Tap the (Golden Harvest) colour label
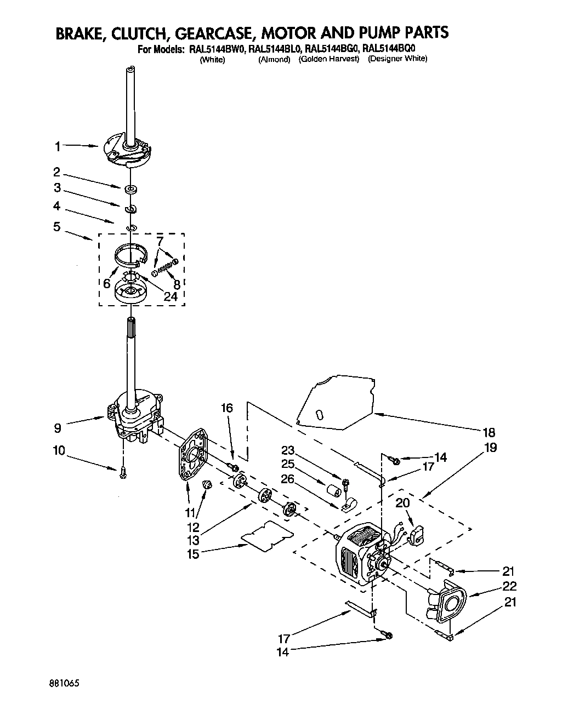(x=328, y=59)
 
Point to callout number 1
(x=58, y=146)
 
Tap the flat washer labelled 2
(x=130, y=190)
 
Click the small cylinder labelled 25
(x=332, y=489)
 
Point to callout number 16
(x=227, y=408)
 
